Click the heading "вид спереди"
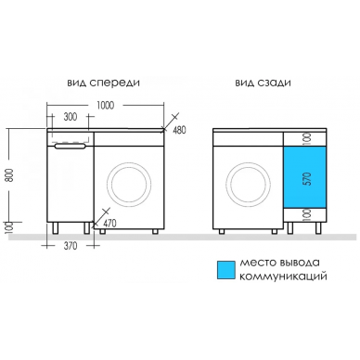[x=103, y=84]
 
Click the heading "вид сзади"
[x=263, y=84]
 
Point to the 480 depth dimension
[x=179, y=130]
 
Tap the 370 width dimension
[x=70, y=246]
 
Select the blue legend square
[x=226, y=269]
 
